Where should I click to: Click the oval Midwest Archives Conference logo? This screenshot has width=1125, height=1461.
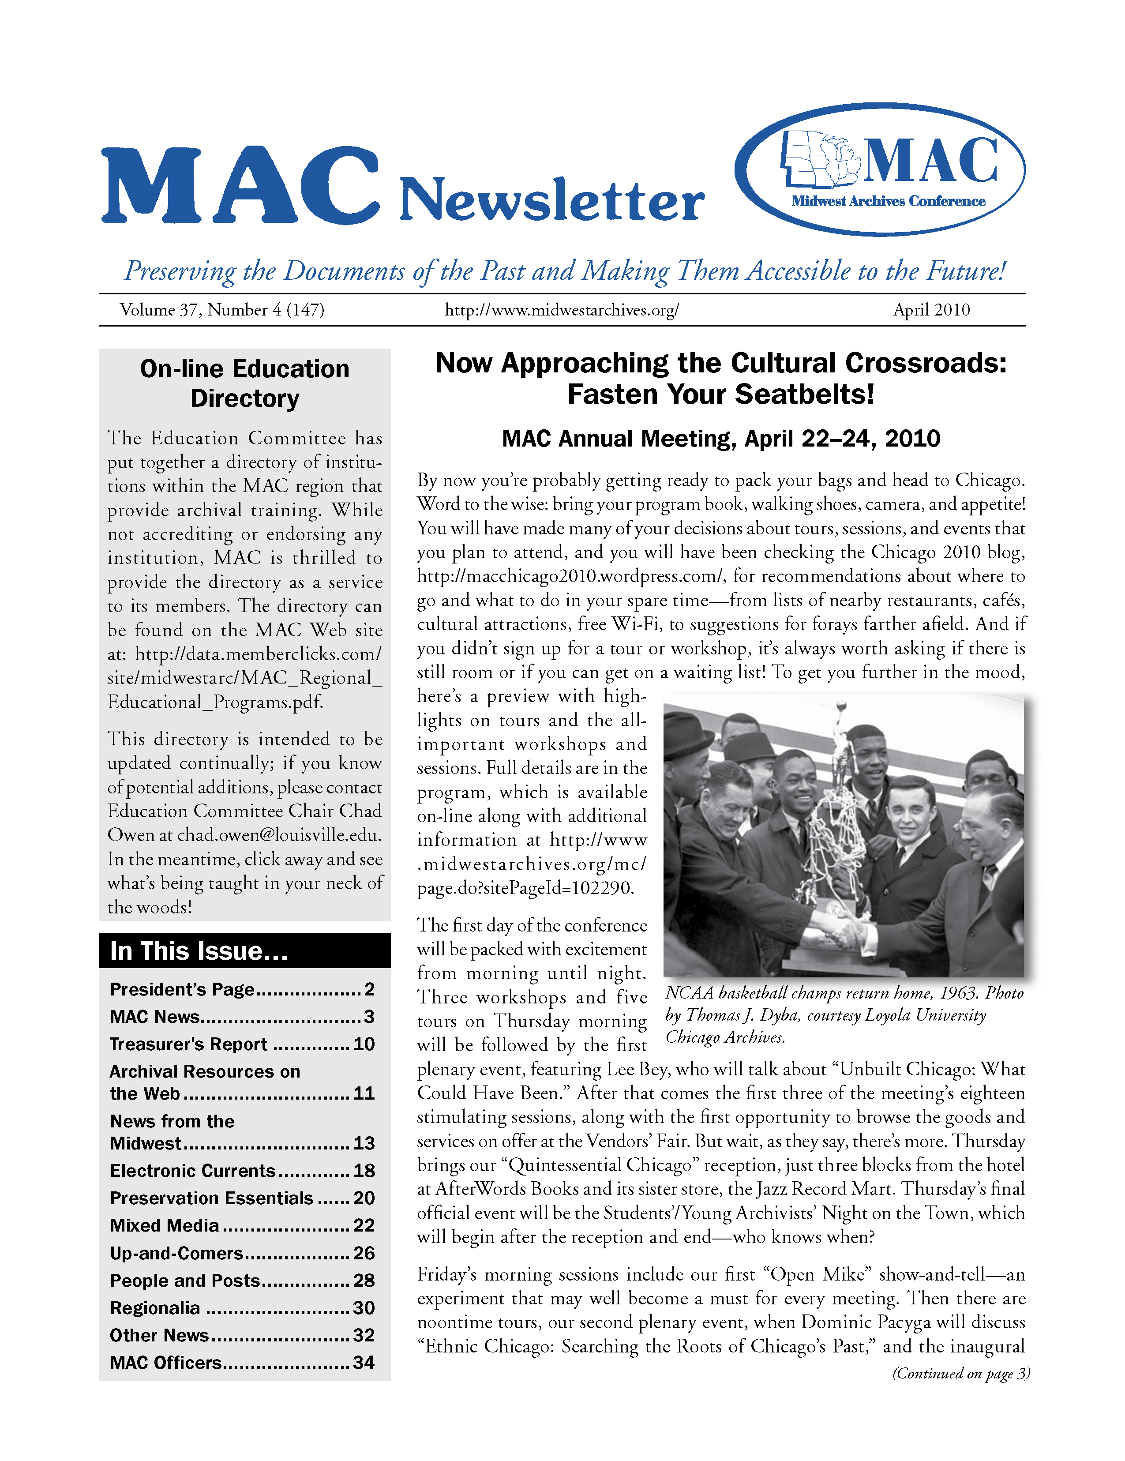pos(880,169)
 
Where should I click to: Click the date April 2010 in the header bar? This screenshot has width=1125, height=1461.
pos(931,310)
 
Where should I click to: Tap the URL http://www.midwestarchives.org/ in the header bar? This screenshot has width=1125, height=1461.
pos(562,310)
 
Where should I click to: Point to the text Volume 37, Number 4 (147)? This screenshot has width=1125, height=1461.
pos(222,310)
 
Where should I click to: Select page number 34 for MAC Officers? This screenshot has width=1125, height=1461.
pos(364,1362)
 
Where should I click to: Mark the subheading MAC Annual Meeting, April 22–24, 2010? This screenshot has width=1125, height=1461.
pos(720,439)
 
